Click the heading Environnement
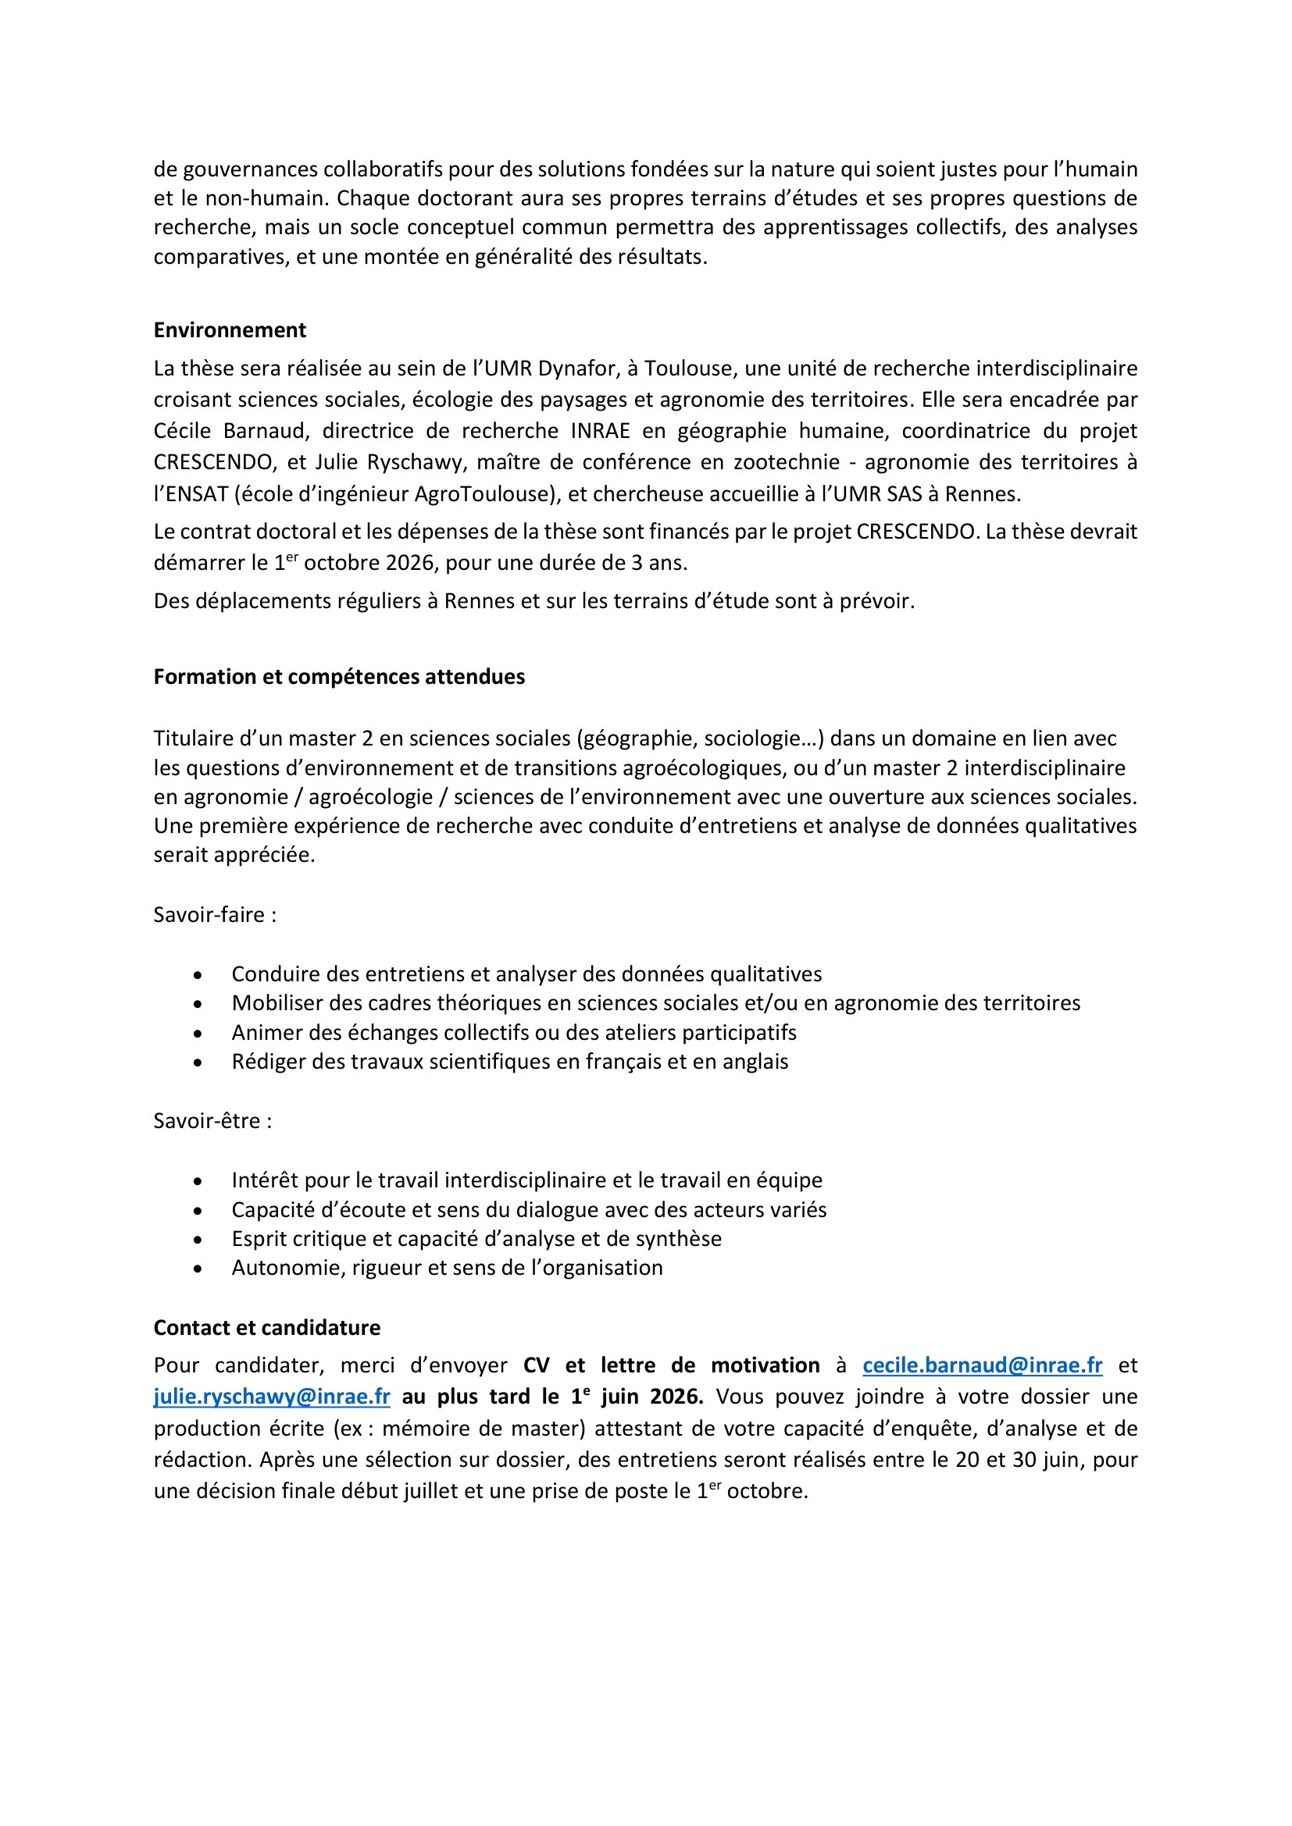tap(230, 330)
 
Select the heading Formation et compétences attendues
tap(339, 677)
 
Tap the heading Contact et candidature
tap(266, 1327)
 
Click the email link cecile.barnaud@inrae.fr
tap(983, 1365)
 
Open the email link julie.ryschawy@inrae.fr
tap(272, 1397)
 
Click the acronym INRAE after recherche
tap(600, 431)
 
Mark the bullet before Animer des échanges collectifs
tap(198, 1033)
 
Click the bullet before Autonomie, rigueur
tap(198, 1268)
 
